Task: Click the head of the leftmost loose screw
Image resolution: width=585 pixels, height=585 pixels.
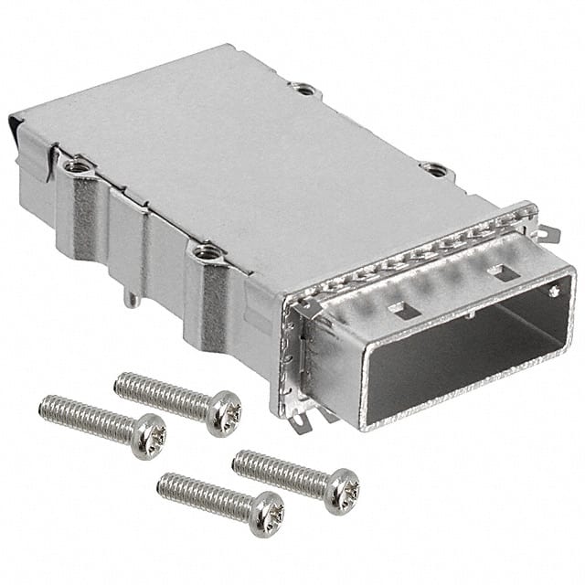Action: pos(148,434)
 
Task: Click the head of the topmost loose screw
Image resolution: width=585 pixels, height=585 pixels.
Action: pos(224,412)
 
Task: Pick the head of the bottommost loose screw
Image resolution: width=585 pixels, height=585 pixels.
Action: pos(267,512)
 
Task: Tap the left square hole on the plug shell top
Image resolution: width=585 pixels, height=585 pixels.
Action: pos(402,310)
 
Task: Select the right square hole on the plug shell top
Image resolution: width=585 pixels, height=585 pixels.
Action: pos(502,271)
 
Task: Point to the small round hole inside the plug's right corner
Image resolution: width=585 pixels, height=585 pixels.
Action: pos(554,292)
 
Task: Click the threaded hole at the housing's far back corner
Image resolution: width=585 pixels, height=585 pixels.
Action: pos(303,89)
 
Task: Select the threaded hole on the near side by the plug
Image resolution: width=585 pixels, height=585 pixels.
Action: pos(206,250)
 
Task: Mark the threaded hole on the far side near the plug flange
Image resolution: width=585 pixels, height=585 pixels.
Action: pos(435,169)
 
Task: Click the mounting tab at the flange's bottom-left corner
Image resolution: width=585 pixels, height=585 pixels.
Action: pos(299,420)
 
